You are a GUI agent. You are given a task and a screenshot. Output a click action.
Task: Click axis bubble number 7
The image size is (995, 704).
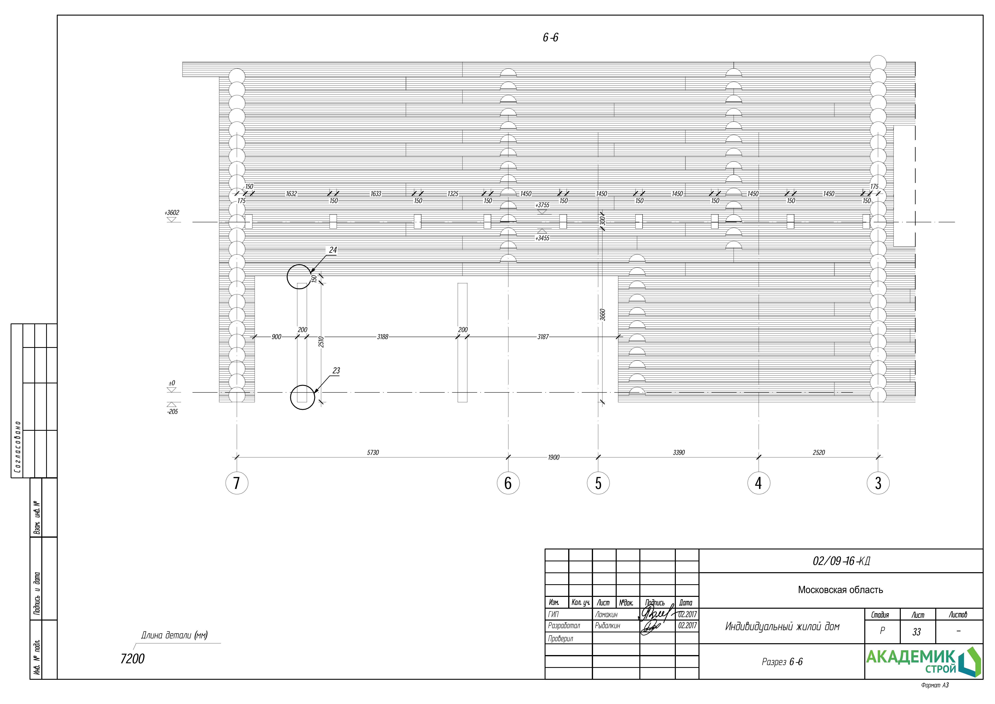pos(237,483)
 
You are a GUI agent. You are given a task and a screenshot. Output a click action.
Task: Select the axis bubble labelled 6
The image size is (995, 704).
pos(508,483)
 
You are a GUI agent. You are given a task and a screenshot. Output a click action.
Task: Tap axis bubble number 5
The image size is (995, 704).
pos(598,483)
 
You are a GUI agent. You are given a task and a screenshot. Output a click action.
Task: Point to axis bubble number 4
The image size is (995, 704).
pos(758,483)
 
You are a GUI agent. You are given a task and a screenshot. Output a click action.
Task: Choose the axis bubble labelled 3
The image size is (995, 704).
pos(878,483)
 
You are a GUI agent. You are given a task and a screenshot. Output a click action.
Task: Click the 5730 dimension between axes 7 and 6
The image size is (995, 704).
pos(373,452)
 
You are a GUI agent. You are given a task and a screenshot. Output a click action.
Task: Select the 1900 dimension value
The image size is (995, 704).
pos(553,457)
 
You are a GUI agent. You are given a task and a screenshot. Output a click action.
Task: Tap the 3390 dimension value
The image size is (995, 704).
pos(679,452)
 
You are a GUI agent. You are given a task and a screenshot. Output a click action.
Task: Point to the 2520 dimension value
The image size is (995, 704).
pos(819,452)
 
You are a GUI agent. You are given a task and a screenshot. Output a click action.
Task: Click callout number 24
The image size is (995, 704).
pos(333,250)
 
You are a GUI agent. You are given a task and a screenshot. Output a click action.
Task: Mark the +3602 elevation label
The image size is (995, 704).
pos(172,212)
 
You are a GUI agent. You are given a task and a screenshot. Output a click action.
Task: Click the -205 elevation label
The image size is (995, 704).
pos(172,412)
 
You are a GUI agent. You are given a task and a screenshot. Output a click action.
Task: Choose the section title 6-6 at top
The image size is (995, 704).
pos(550,38)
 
